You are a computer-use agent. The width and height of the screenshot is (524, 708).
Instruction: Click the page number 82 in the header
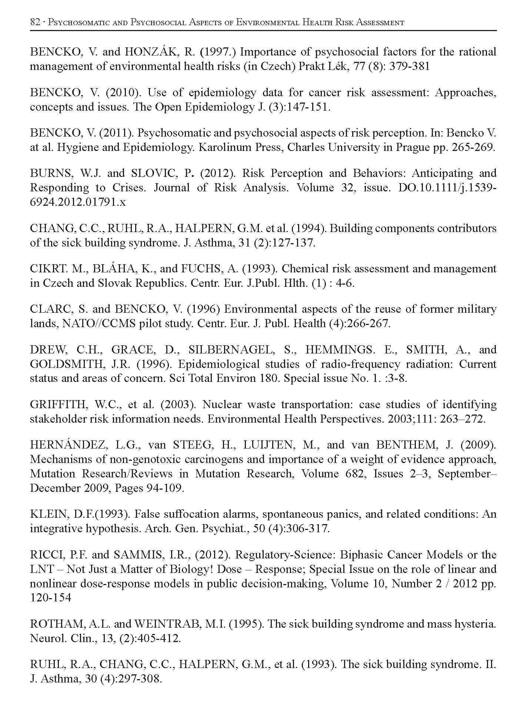(x=35, y=22)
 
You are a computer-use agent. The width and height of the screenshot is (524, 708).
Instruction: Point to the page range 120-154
(x=50, y=598)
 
